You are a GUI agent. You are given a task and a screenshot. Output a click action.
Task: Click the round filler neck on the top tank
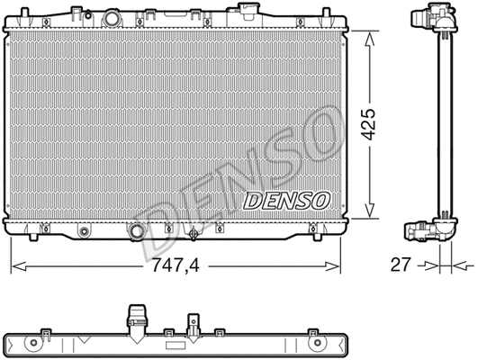[x=113, y=19]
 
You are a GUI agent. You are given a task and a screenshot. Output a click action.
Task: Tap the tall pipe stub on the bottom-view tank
[x=136, y=319]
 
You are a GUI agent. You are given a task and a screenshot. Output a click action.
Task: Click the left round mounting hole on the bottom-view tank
[x=44, y=339]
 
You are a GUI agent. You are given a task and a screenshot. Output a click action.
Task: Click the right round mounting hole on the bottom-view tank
[x=316, y=339]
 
